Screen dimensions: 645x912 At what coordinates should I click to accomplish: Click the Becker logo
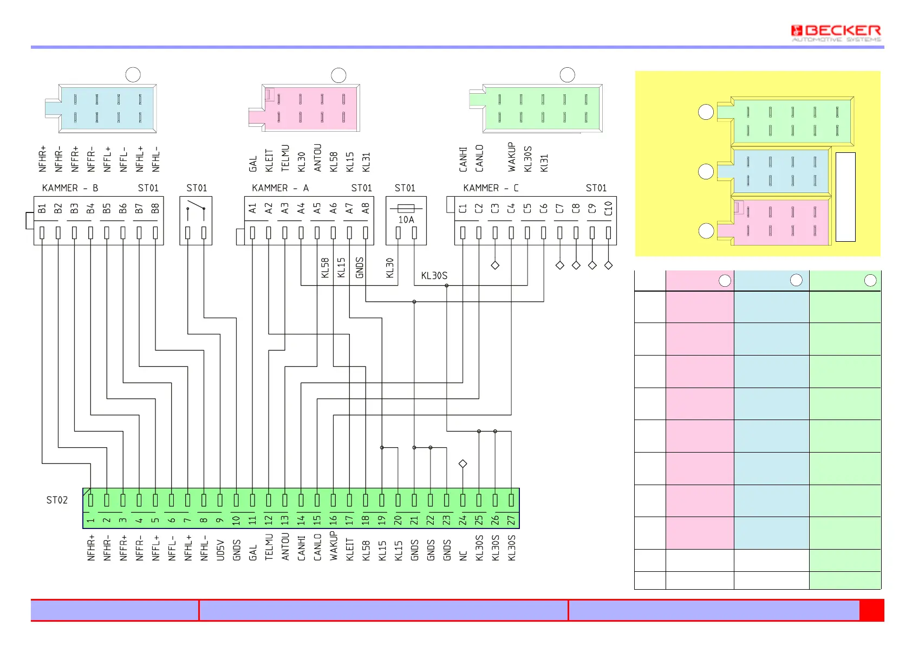point(836,33)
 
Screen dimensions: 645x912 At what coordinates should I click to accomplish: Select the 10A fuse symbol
point(406,208)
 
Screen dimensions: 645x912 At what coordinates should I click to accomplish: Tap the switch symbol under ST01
point(196,209)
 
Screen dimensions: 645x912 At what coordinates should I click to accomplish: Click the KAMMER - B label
point(70,188)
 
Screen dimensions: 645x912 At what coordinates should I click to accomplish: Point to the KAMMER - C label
point(491,188)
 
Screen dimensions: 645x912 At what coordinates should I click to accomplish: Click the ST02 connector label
point(57,500)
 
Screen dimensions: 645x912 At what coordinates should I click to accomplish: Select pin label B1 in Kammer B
point(42,209)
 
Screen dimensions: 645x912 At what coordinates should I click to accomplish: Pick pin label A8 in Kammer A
point(366,209)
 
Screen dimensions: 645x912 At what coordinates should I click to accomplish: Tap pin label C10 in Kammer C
point(608,209)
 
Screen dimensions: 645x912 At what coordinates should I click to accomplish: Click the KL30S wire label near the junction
point(434,275)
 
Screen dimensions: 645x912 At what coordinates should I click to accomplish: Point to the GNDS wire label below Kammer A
point(360,268)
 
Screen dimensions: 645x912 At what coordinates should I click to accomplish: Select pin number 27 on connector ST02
point(511,520)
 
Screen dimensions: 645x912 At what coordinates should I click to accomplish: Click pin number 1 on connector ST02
point(90,520)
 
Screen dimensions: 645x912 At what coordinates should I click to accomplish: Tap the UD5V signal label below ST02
point(220,550)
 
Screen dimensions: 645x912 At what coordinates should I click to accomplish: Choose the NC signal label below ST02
point(463,556)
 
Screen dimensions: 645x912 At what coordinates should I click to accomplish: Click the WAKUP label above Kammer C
point(511,157)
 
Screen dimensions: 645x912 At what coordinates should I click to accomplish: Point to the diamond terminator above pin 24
point(462,464)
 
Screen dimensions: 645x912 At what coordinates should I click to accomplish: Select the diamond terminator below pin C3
point(495,265)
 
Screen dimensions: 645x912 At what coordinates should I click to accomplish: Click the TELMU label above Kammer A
point(285,158)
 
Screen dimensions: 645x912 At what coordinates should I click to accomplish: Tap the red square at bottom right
point(871,610)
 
